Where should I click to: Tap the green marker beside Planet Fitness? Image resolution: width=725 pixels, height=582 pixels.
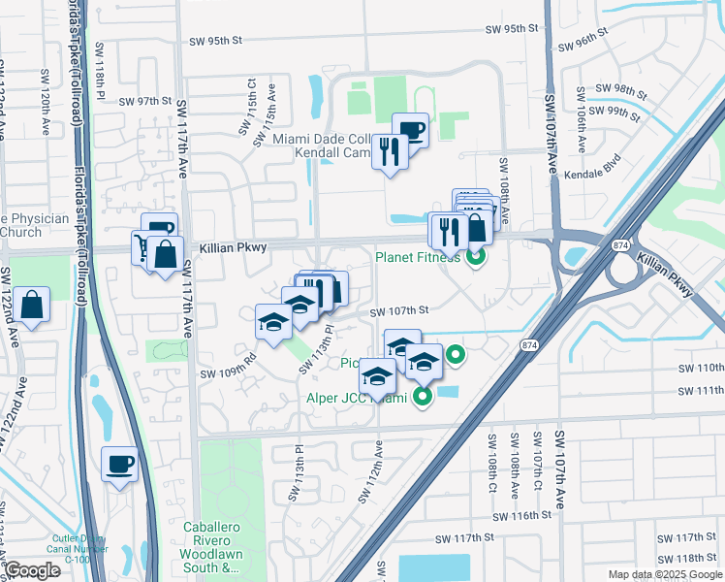(x=475, y=258)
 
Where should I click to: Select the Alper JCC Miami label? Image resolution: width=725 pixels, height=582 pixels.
(x=362, y=397)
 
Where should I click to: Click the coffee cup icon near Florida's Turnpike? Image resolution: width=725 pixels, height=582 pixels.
(x=120, y=466)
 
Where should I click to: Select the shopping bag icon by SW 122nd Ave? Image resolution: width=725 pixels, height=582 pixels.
(x=31, y=306)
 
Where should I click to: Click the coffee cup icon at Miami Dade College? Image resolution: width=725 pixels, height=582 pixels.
(x=410, y=130)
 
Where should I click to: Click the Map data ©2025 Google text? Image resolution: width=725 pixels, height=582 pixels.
(x=664, y=574)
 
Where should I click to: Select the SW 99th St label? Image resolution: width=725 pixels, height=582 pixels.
(x=620, y=112)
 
